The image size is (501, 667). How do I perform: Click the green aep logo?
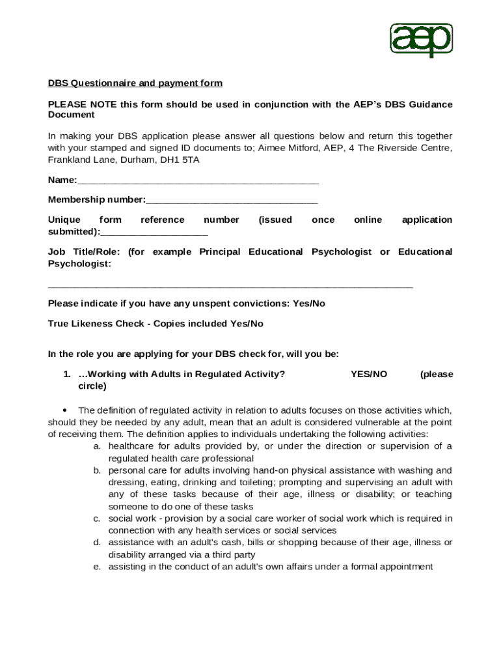click(x=421, y=40)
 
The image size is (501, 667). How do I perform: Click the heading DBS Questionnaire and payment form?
click(x=135, y=83)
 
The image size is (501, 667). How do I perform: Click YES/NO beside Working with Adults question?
click(x=369, y=375)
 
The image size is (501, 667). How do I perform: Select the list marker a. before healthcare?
click(x=96, y=447)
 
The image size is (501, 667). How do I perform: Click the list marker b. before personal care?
click(x=96, y=471)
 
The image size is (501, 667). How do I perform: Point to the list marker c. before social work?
click(x=96, y=519)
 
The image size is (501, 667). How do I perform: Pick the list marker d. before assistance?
click(x=96, y=543)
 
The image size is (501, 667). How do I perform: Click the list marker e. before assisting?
click(x=96, y=567)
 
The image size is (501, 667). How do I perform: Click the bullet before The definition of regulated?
click(x=64, y=411)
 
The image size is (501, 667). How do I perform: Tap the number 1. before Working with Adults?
click(x=66, y=375)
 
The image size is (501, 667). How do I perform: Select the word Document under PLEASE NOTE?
click(x=72, y=115)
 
